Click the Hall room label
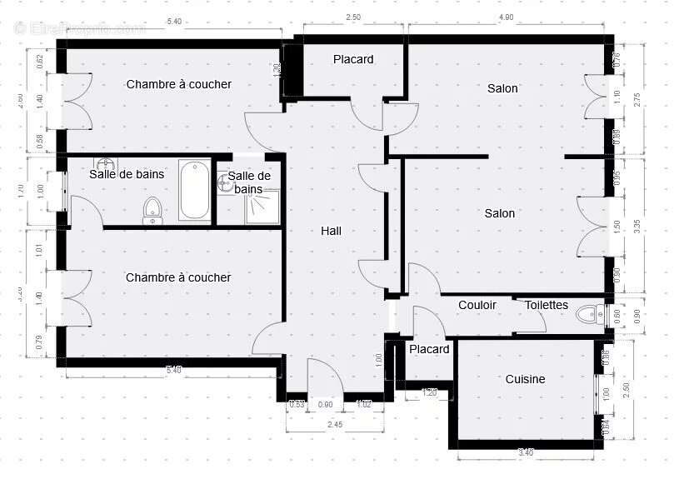point(331,231)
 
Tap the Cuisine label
point(525,379)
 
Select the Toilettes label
point(546,305)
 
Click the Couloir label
point(477,305)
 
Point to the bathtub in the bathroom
point(194,191)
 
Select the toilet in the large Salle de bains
point(152,209)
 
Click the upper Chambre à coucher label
point(178,84)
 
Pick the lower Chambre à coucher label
point(177,277)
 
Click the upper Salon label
point(502,88)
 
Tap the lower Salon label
point(500,213)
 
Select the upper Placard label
point(353,59)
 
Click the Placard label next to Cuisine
point(429,349)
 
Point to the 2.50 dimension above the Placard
point(353,17)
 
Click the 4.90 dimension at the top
point(506,17)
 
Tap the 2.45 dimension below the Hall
point(334,425)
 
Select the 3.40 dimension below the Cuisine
point(526,452)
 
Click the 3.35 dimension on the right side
point(637,227)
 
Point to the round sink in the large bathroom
point(106,164)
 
